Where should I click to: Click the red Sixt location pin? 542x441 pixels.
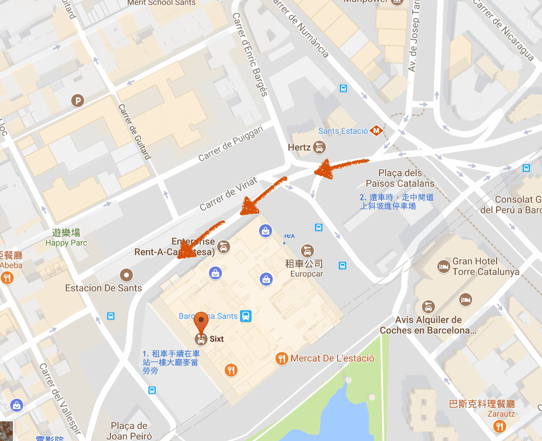point(201,323)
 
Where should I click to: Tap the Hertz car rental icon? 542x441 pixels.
point(320,147)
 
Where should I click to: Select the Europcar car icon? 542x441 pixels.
point(307,251)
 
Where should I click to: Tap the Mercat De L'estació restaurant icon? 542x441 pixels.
point(281,358)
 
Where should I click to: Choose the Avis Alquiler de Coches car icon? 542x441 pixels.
point(428,307)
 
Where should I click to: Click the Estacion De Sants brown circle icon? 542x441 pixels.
point(126,274)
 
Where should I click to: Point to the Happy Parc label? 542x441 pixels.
point(66,243)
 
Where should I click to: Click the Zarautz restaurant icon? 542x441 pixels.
point(499,427)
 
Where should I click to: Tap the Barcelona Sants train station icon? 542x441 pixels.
point(246,315)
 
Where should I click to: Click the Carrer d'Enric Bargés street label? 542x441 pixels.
point(250,54)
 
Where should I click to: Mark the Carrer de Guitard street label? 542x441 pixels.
point(134,130)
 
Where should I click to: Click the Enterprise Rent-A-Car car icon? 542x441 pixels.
point(223,247)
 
